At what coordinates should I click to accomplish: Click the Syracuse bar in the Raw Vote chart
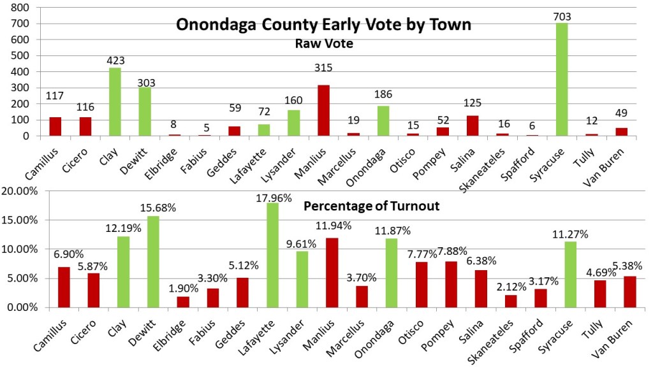pyautogui.click(x=562, y=79)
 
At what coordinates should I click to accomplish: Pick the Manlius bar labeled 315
pyautogui.click(x=323, y=110)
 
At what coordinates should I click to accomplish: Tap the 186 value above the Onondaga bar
pyautogui.click(x=383, y=94)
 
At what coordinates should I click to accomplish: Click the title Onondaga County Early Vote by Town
pyautogui.click(x=323, y=25)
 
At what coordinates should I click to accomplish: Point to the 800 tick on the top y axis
pyautogui.click(x=23, y=8)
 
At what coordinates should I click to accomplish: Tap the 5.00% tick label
pyautogui.click(x=24, y=278)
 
